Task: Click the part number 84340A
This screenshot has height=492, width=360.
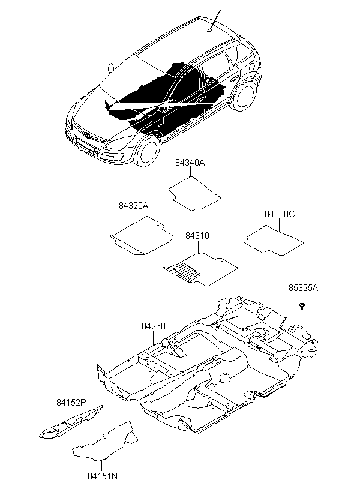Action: [190, 163]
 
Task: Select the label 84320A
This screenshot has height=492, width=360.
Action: [133, 206]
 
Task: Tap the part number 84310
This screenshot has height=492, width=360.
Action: [197, 236]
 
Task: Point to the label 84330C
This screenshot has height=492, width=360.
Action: [280, 214]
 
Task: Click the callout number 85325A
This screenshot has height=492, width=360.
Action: [303, 288]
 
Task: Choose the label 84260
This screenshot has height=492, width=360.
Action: [153, 326]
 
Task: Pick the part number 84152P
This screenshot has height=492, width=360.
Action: [71, 402]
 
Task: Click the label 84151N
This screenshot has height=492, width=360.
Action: [103, 476]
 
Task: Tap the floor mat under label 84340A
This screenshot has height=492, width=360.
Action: [194, 194]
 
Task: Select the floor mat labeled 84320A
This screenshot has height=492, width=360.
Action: [141, 235]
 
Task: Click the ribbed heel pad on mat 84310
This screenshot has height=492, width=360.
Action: [187, 271]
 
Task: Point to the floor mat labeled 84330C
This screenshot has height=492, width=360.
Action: [274, 241]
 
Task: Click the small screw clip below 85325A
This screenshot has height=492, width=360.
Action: [302, 305]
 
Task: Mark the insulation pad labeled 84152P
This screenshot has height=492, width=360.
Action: [71, 421]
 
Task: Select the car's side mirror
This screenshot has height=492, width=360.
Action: [110, 68]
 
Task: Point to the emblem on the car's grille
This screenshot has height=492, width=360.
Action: [86, 135]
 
